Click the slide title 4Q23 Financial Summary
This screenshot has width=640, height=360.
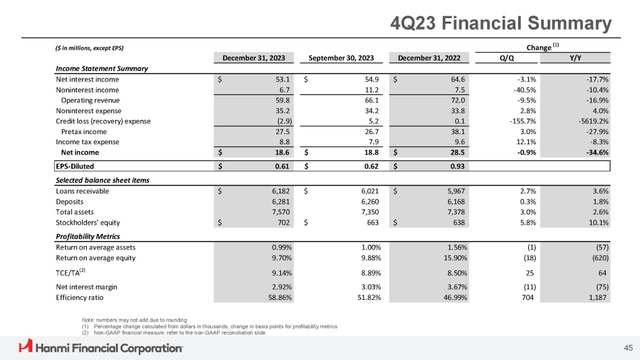(502, 24)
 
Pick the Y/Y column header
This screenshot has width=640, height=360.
(576, 57)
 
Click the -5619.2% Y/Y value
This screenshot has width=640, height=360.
(590, 121)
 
